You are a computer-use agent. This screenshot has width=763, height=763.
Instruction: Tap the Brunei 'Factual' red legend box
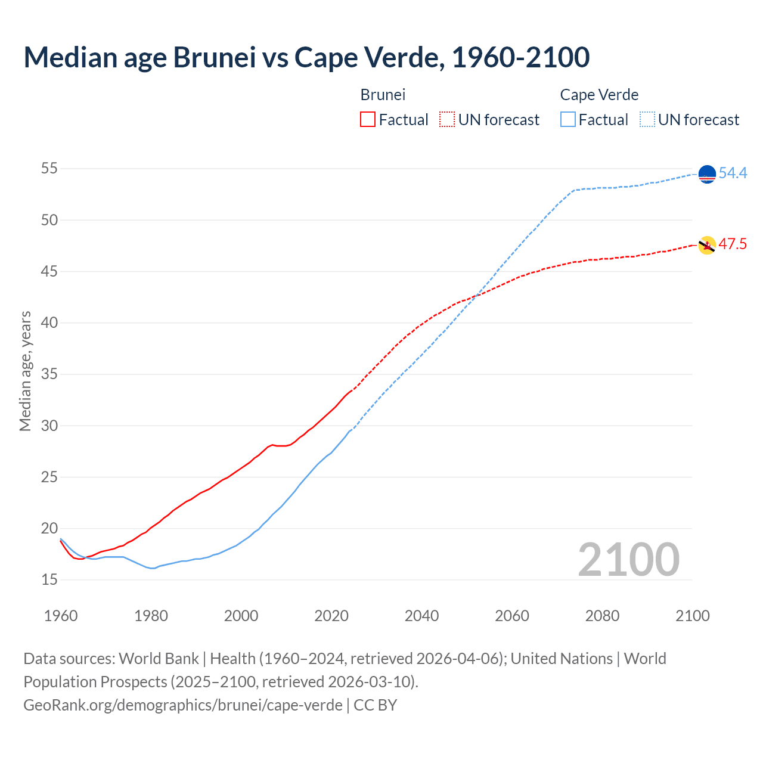[368, 119]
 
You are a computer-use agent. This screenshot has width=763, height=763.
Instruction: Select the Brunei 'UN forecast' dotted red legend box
[447, 119]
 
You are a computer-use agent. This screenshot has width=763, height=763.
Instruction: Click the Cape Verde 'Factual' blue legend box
[568, 119]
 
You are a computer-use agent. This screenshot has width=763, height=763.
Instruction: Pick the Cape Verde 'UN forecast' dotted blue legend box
[647, 119]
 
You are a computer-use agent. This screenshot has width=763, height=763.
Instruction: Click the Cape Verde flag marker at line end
[706, 174]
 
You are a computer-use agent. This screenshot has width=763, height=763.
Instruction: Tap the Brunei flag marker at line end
[707, 245]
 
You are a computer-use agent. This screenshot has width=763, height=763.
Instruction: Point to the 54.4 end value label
[733, 173]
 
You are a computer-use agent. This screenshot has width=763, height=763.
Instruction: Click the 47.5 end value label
[733, 244]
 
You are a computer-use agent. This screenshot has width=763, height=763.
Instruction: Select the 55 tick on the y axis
[49, 169]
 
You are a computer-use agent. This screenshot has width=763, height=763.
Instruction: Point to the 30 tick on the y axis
[49, 426]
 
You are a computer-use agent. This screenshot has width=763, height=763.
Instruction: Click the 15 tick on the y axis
[49, 579]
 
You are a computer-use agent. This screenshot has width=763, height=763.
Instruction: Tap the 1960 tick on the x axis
[61, 615]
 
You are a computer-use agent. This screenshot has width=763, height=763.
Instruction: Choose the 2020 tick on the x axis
[331, 615]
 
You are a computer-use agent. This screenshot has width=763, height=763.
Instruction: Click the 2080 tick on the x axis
[602, 615]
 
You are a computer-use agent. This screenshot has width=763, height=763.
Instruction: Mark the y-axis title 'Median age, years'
[25, 371]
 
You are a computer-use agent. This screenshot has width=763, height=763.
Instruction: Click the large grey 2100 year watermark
[628, 559]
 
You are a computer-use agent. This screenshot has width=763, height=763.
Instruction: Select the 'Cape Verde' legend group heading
[599, 95]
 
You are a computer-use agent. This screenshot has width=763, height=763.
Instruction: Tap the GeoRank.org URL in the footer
[183, 705]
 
